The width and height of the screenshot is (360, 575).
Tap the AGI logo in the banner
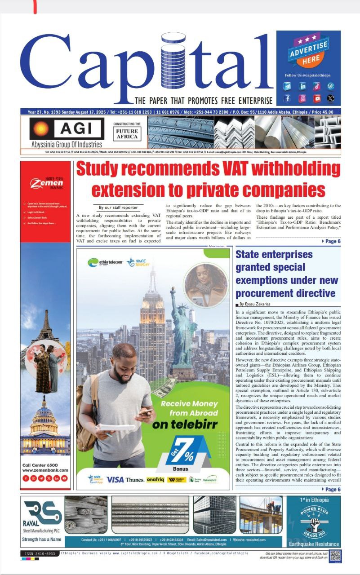click(x=66, y=129)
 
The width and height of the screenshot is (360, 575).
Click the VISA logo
click(x=115, y=479)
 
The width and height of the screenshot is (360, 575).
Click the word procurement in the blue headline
click(x=259, y=294)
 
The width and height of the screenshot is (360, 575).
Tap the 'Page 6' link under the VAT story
click(x=332, y=241)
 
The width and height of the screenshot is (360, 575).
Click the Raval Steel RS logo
click(x=42, y=512)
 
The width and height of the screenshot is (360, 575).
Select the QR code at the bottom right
click(x=335, y=556)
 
